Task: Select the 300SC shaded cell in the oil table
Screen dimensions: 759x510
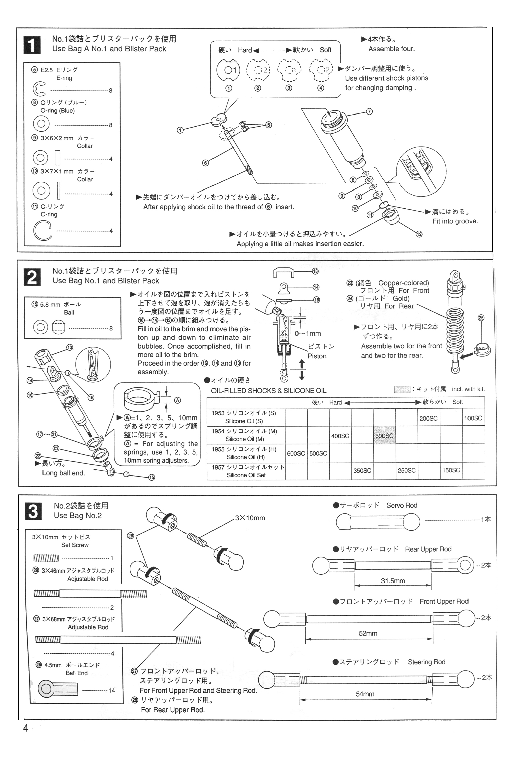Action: pyautogui.click(x=384, y=436)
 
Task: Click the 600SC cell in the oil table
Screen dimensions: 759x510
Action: pyautogui.click(x=296, y=453)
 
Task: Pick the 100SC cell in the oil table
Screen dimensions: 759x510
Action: pyautogui.click(x=473, y=418)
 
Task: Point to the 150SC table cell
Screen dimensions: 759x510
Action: pyautogui.click(x=451, y=470)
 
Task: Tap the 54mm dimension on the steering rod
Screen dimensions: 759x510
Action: pyautogui.click(x=365, y=694)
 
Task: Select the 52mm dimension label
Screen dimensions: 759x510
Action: pyautogui.click(x=368, y=633)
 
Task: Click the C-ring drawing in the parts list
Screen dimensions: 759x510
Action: pyautogui.click(x=42, y=231)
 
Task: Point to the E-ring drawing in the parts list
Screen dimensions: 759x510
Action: pyautogui.click(x=39, y=89)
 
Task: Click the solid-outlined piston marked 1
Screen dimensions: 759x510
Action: pyautogui.click(x=228, y=70)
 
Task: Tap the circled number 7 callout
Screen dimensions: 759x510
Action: pyautogui.click(x=369, y=111)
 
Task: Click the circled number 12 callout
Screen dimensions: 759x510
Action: pyautogui.click(x=419, y=234)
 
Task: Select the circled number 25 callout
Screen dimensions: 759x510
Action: pyautogui.click(x=481, y=318)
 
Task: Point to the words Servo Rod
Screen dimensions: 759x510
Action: pyautogui.click(x=402, y=505)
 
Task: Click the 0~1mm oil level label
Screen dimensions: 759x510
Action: pyautogui.click(x=308, y=333)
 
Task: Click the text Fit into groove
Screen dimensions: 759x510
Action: pyautogui.click(x=455, y=221)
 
